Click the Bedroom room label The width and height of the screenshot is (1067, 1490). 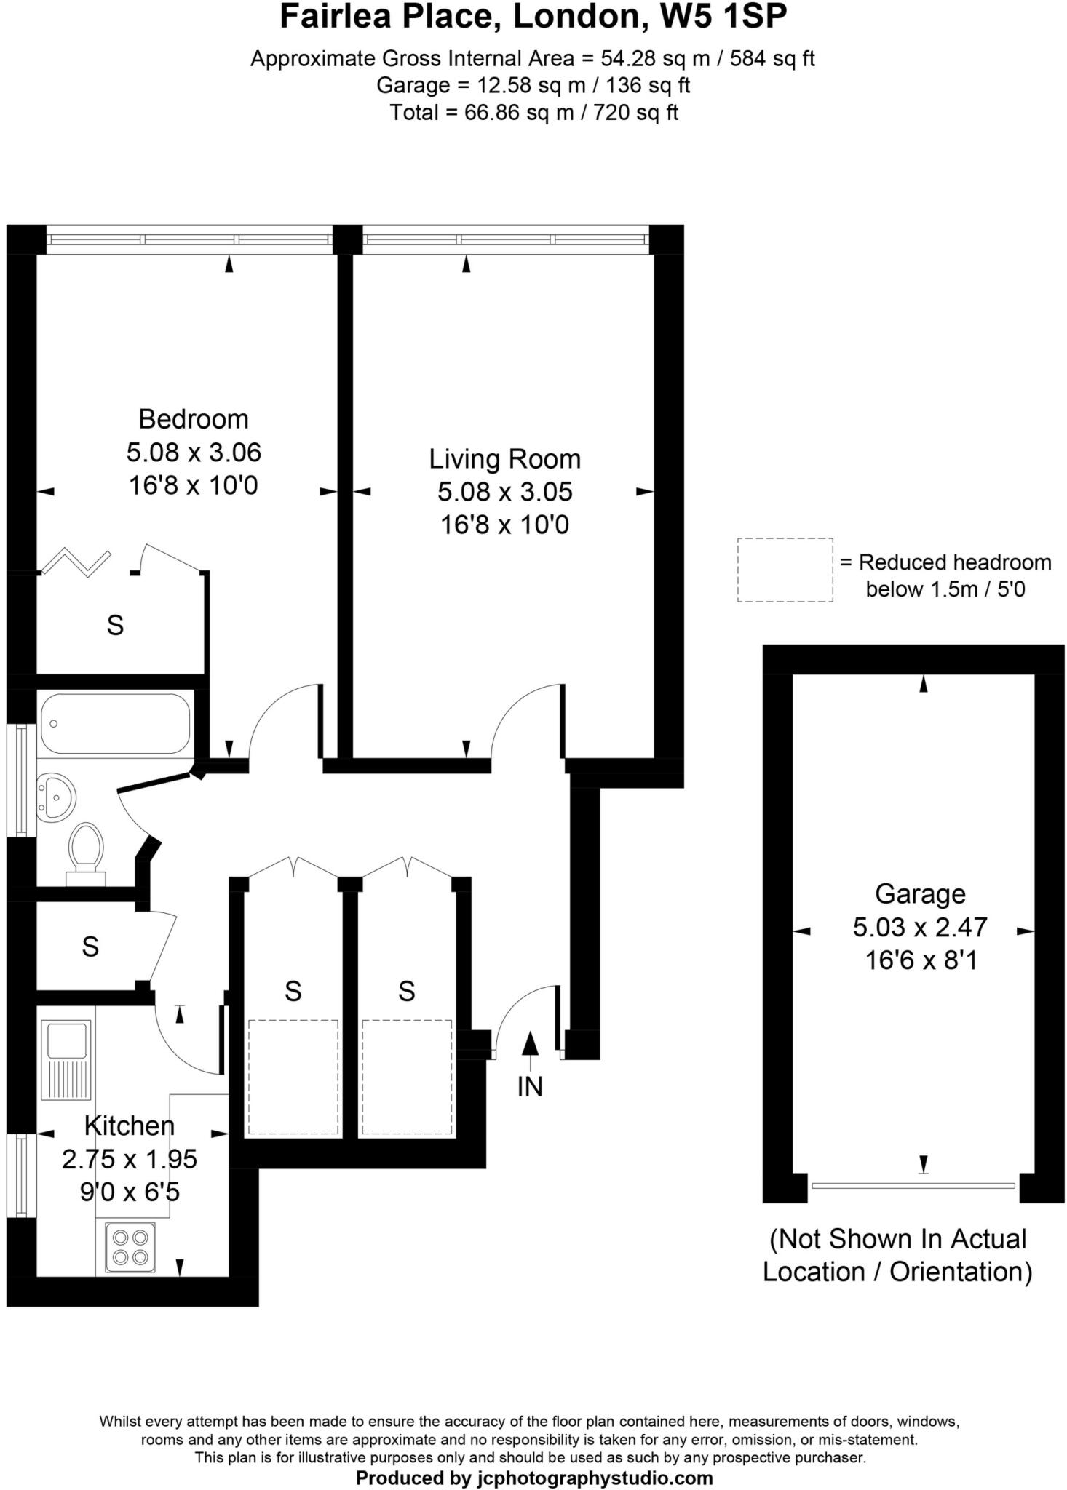[x=194, y=419]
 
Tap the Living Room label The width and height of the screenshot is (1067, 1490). [x=504, y=459]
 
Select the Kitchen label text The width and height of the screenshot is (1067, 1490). [x=130, y=1126]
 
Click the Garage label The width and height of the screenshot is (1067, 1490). [x=920, y=893]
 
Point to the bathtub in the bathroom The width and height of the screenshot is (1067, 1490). [x=115, y=723]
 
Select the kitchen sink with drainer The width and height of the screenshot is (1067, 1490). [x=66, y=1059]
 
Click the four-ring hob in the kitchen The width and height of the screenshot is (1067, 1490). [x=130, y=1247]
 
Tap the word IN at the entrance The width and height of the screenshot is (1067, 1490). [x=530, y=1086]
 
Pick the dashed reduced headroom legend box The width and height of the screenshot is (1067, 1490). [x=785, y=570]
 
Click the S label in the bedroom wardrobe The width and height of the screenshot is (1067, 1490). [x=115, y=625]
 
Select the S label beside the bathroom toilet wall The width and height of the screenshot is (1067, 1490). [x=90, y=947]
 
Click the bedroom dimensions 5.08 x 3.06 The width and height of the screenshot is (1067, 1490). [x=194, y=453]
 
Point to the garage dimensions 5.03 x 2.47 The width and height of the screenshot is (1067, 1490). [x=920, y=927]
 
